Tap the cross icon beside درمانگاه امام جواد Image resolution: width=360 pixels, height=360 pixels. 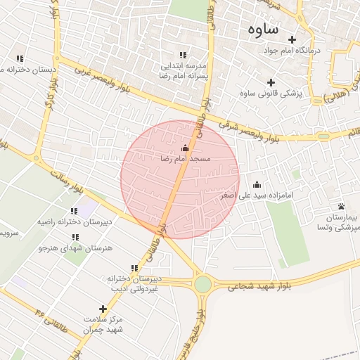coord(292,39)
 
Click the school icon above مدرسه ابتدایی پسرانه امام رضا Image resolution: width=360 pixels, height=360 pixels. coord(183,55)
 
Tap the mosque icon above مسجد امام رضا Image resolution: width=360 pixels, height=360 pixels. coord(185,148)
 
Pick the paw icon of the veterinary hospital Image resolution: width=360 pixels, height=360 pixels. coord(341,206)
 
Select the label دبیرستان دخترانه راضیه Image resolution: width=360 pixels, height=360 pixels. coord(67,222)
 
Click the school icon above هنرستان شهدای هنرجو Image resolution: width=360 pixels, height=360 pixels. coord(75,236)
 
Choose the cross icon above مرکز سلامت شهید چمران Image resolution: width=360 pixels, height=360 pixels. coord(103,309)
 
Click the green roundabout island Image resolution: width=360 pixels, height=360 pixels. coord(203,284)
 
